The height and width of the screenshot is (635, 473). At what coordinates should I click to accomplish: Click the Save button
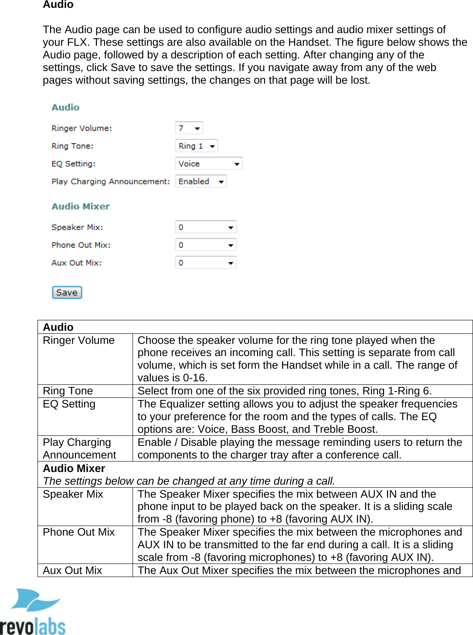(67, 292)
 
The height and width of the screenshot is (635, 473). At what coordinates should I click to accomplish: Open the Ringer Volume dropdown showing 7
(189, 128)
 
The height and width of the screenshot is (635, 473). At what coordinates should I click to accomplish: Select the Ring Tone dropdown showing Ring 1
(196, 146)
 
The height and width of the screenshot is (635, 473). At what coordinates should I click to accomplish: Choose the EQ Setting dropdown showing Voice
(208, 164)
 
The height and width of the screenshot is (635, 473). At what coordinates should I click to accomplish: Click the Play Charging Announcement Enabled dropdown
(201, 181)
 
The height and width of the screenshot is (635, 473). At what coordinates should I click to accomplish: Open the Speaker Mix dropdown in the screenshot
(205, 227)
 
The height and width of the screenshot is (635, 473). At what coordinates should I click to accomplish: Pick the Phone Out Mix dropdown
(205, 245)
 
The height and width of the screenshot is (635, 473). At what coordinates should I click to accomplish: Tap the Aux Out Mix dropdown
(205, 263)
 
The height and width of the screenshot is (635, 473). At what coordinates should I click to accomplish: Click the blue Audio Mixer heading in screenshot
(81, 206)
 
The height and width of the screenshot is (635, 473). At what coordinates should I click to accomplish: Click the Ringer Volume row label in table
(78, 340)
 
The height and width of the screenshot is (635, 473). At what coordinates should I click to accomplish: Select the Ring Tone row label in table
(68, 391)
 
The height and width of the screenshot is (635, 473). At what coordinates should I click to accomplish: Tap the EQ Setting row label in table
(69, 404)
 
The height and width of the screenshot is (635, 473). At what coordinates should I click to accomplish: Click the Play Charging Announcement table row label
(79, 448)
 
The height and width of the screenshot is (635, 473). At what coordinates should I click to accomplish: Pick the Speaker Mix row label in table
(73, 494)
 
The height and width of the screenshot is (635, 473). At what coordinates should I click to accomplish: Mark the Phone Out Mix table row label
(78, 532)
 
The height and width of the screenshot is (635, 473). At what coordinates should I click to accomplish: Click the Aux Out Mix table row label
(72, 570)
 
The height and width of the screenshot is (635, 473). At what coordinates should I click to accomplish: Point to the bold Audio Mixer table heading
(74, 469)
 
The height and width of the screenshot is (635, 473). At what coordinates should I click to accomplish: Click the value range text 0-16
(194, 378)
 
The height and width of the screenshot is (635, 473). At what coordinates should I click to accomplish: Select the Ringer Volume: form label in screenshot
(82, 128)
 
